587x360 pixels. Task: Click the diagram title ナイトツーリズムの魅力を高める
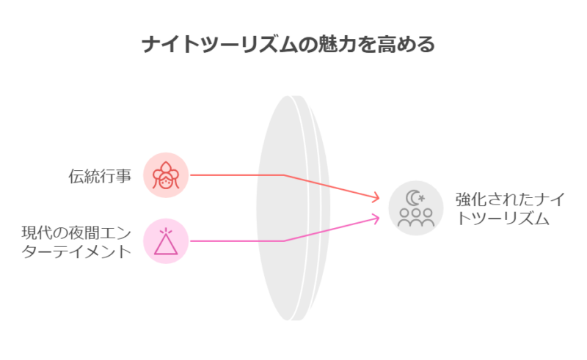(x=288, y=44)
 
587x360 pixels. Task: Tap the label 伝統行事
(x=100, y=176)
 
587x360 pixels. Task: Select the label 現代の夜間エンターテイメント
(x=76, y=242)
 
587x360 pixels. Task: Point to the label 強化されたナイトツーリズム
(x=510, y=208)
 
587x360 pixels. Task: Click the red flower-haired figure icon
(x=166, y=175)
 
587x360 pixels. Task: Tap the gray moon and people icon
(x=416, y=208)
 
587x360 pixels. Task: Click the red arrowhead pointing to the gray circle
(x=376, y=197)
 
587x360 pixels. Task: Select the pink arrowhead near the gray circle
(x=376, y=218)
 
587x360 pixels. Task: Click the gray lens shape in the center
(x=293, y=208)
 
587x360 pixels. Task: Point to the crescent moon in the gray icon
(x=412, y=198)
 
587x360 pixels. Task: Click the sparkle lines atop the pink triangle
(x=166, y=231)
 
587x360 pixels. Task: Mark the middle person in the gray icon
(x=416, y=218)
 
